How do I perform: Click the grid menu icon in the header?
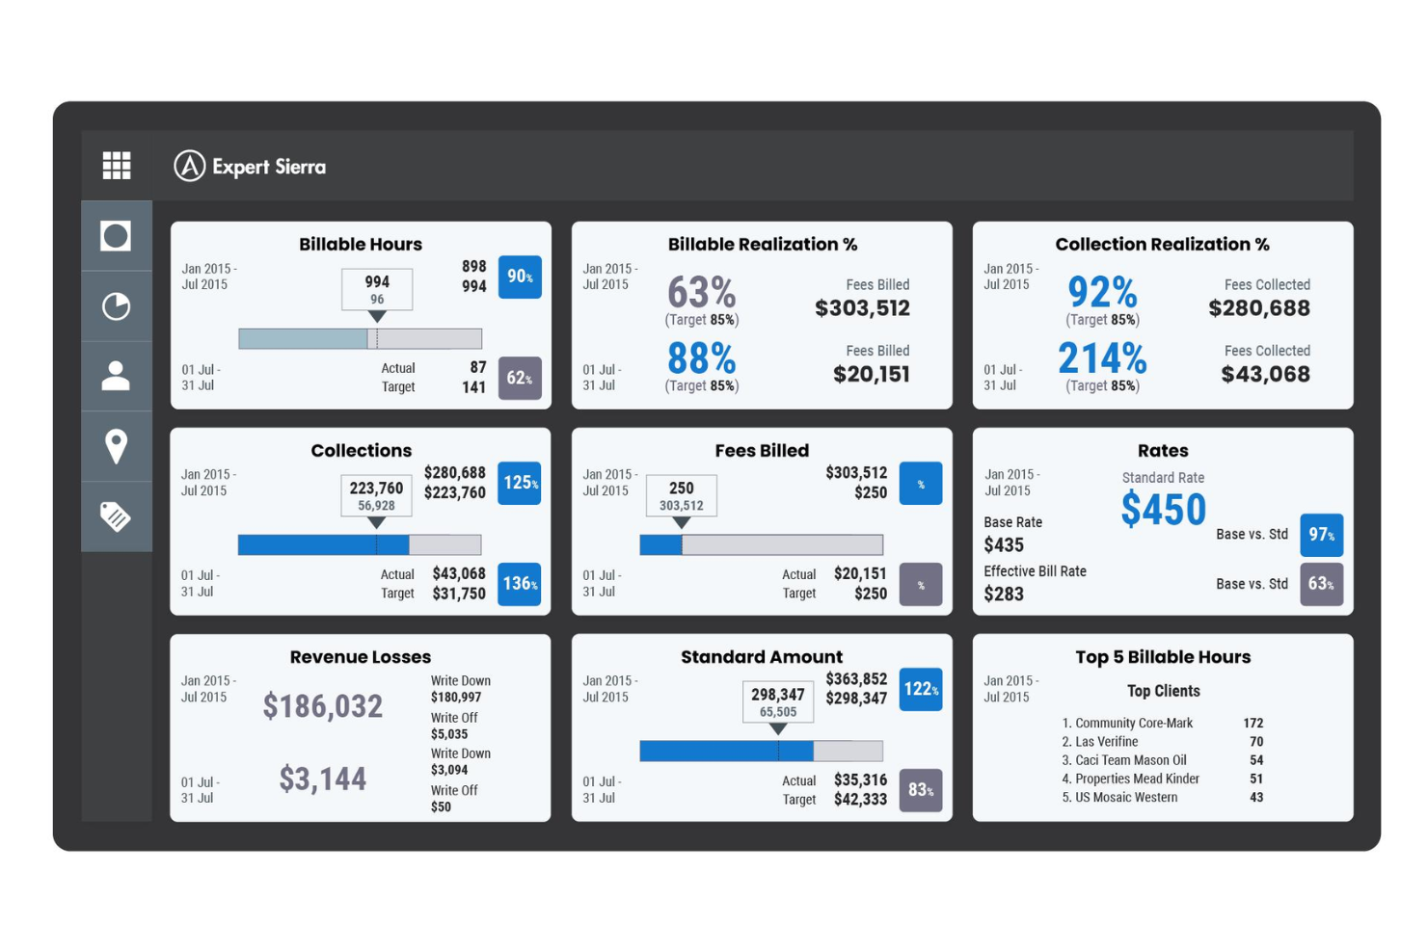coord(117,166)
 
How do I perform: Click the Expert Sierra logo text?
coord(268,167)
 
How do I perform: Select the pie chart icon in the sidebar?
coord(117,306)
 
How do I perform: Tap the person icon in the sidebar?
coord(117,376)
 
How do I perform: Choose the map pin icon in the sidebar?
coord(117,446)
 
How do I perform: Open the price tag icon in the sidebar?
coord(117,516)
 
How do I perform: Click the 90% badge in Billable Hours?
coord(520,277)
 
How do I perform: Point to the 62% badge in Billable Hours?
coord(520,378)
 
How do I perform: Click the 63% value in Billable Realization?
coord(701,292)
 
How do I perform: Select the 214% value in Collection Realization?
coord(1102,358)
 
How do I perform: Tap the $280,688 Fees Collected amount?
coord(1259,308)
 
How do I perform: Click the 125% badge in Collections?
coord(520,483)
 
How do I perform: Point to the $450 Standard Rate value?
coord(1163,509)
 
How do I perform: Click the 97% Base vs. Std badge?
coord(1321,535)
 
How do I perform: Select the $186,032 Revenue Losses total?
coord(323,706)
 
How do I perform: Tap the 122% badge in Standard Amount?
coord(921,689)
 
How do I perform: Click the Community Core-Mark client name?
coord(1134,723)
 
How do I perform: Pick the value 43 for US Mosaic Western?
coord(1256,797)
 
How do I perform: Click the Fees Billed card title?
coord(762,450)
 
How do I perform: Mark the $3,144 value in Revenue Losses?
coord(323,779)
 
